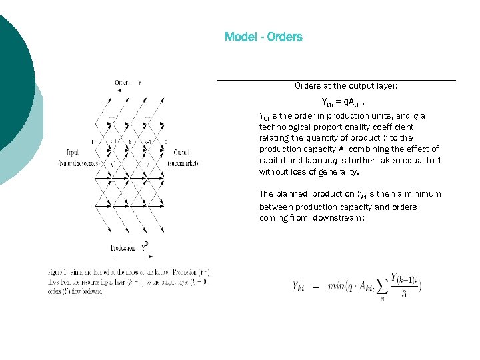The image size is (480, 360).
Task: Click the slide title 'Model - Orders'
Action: tap(263, 37)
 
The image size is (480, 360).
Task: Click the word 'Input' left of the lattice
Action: tap(73, 152)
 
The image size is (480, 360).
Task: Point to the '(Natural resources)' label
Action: tap(79, 163)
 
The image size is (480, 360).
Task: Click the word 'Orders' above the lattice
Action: tap(123, 83)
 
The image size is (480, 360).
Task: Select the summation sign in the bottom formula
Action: tap(383, 285)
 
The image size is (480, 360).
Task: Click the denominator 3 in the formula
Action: tap(404, 293)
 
